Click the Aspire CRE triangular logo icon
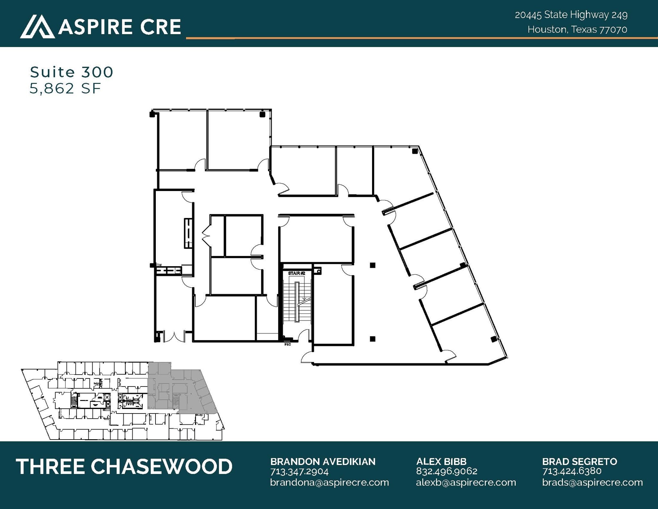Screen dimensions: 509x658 coord(37,26)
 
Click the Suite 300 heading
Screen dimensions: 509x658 coord(71,72)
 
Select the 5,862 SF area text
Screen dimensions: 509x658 coord(65,88)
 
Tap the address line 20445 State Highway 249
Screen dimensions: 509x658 coord(571,15)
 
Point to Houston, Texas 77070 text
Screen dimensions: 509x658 coord(577,30)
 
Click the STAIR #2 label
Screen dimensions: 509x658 coord(296,273)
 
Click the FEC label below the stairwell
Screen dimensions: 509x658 coord(288,344)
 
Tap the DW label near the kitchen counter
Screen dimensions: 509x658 coord(159,265)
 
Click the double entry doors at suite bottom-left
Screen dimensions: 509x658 coord(174,336)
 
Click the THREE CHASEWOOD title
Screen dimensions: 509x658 coord(124,467)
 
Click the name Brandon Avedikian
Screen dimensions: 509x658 coord(323,461)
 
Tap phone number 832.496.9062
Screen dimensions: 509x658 coord(447,471)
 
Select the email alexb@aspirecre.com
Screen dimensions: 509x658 coord(466,482)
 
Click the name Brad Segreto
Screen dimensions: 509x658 coord(580,461)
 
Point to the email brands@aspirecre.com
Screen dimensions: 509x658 coord(592,482)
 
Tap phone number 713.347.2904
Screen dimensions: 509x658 coord(299,471)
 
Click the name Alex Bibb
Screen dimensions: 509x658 coord(441,461)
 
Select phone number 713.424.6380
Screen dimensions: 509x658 coord(572,471)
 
